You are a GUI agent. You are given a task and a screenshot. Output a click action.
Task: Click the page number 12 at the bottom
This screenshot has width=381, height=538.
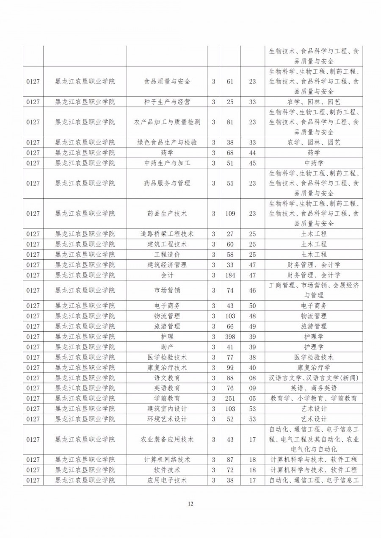click(190, 504)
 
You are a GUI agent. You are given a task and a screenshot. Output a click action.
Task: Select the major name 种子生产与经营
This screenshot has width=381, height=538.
click(167, 102)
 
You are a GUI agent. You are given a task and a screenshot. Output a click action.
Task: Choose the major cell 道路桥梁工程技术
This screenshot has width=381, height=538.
click(167, 234)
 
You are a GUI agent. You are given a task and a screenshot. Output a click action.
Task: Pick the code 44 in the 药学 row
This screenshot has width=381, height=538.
click(252, 153)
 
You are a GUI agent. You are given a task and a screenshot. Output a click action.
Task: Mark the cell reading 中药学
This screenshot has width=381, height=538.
click(314, 163)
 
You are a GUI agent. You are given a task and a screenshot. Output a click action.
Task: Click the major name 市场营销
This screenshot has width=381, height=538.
click(167, 291)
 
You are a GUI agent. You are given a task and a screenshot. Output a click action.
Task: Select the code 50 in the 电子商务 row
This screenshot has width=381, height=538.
click(252, 306)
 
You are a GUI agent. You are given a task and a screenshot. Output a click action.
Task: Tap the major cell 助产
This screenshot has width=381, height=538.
click(167, 347)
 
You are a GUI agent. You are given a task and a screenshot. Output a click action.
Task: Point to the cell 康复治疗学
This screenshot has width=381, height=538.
click(314, 367)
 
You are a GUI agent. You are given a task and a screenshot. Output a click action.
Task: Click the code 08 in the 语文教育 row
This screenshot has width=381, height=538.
click(252, 378)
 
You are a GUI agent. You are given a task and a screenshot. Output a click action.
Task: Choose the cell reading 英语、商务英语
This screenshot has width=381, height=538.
click(314, 388)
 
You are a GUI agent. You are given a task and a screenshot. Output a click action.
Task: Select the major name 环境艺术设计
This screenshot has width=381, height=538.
click(167, 419)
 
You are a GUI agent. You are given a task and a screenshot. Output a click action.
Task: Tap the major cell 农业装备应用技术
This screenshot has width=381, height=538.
click(167, 439)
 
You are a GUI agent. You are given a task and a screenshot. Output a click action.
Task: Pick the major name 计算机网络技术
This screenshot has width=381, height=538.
click(167, 460)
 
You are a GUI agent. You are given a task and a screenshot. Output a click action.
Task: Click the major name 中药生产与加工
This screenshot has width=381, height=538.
click(167, 163)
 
